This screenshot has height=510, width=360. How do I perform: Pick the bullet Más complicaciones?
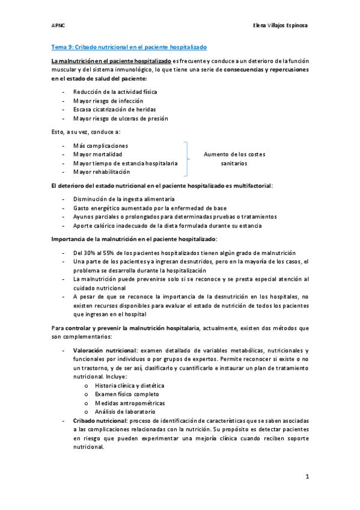(100, 146)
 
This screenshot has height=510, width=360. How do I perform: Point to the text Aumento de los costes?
(234, 155)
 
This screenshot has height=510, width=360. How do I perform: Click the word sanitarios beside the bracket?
(234, 164)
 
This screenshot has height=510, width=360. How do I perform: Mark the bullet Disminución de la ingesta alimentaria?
(124, 199)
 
